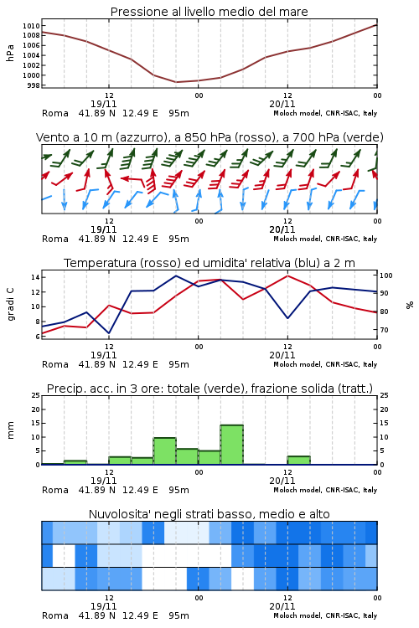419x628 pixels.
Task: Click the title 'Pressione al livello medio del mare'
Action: click(x=209, y=12)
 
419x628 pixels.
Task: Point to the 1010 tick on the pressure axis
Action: click(x=31, y=26)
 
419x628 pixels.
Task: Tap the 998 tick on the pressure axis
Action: click(x=34, y=85)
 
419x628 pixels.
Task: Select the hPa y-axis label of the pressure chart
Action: click(x=10, y=53)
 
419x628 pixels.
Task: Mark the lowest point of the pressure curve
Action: click(x=176, y=82)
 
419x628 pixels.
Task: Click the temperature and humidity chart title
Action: click(x=209, y=263)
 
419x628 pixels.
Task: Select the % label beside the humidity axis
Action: click(x=410, y=305)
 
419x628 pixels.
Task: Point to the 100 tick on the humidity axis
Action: click(x=385, y=275)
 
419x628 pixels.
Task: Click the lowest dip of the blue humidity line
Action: click(x=109, y=333)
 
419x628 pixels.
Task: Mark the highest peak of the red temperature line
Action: click(x=287, y=275)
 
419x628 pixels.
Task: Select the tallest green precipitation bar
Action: click(x=232, y=445)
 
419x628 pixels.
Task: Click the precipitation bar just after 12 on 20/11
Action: click(x=298, y=461)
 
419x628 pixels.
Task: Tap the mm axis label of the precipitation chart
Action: click(x=10, y=430)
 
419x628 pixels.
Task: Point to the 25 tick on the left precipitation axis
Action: click(x=36, y=395)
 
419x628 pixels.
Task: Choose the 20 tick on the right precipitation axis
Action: click(x=384, y=409)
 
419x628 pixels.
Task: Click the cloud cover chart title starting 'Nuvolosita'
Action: click(x=209, y=514)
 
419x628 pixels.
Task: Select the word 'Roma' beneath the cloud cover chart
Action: click(x=55, y=615)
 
